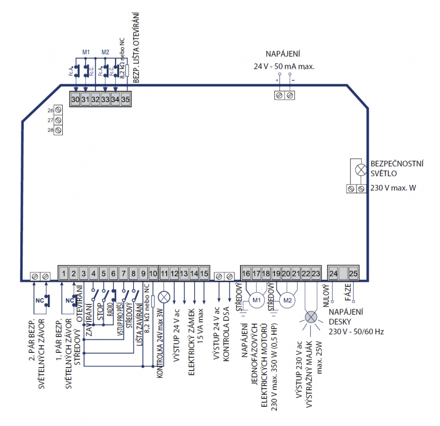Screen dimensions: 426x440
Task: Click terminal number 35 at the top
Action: (125, 100)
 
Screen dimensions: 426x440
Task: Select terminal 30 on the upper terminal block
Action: (75, 100)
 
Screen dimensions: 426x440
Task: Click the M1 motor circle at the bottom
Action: (256, 300)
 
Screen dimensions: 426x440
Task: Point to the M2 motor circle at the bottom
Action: (287, 300)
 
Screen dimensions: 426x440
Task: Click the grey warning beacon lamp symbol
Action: (311, 317)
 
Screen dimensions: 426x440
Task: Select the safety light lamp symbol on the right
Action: (361, 170)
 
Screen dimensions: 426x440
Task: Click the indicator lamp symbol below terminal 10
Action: (164, 297)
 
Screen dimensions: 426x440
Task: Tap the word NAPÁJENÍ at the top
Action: (283, 54)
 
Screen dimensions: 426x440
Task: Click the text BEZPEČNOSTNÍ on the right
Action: (398, 163)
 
